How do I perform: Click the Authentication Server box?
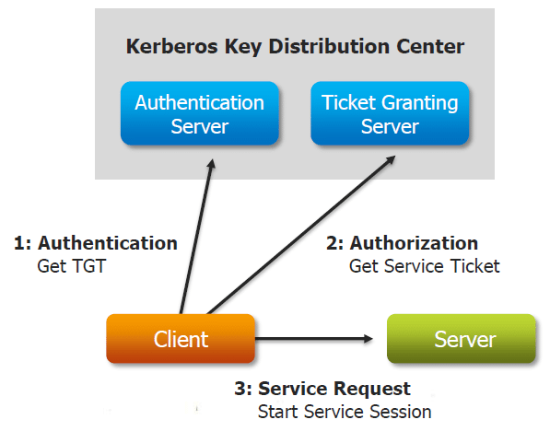pyautogui.click(x=199, y=113)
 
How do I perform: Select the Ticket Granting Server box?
pyautogui.click(x=390, y=113)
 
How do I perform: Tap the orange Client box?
pyautogui.click(x=181, y=339)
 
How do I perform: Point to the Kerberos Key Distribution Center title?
pyautogui.click(x=295, y=46)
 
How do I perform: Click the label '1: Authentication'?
pyautogui.click(x=96, y=244)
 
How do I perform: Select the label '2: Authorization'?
pyautogui.click(x=402, y=244)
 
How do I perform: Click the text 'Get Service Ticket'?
pyautogui.click(x=424, y=266)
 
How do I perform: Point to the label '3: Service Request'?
pyautogui.click(x=322, y=389)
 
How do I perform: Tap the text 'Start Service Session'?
pyautogui.click(x=345, y=411)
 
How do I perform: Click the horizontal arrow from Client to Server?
pyautogui.click(x=313, y=339)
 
